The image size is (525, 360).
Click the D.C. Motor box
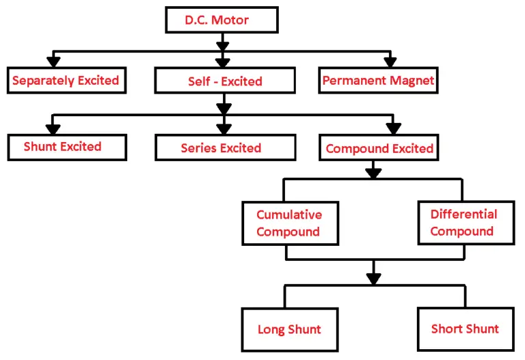click(218, 20)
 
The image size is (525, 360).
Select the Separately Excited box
click(65, 81)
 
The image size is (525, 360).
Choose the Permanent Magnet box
click(378, 81)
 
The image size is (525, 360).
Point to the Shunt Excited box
click(66, 147)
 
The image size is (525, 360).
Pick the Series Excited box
click(221, 148)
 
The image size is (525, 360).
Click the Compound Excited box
click(379, 148)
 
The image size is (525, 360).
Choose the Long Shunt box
click(289, 329)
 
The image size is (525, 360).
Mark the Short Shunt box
click(464, 329)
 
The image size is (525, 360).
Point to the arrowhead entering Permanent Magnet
click(390, 61)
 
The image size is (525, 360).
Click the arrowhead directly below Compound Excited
click(373, 172)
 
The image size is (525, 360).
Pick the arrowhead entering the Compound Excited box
click(392, 128)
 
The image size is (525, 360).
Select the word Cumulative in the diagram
click(288, 214)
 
